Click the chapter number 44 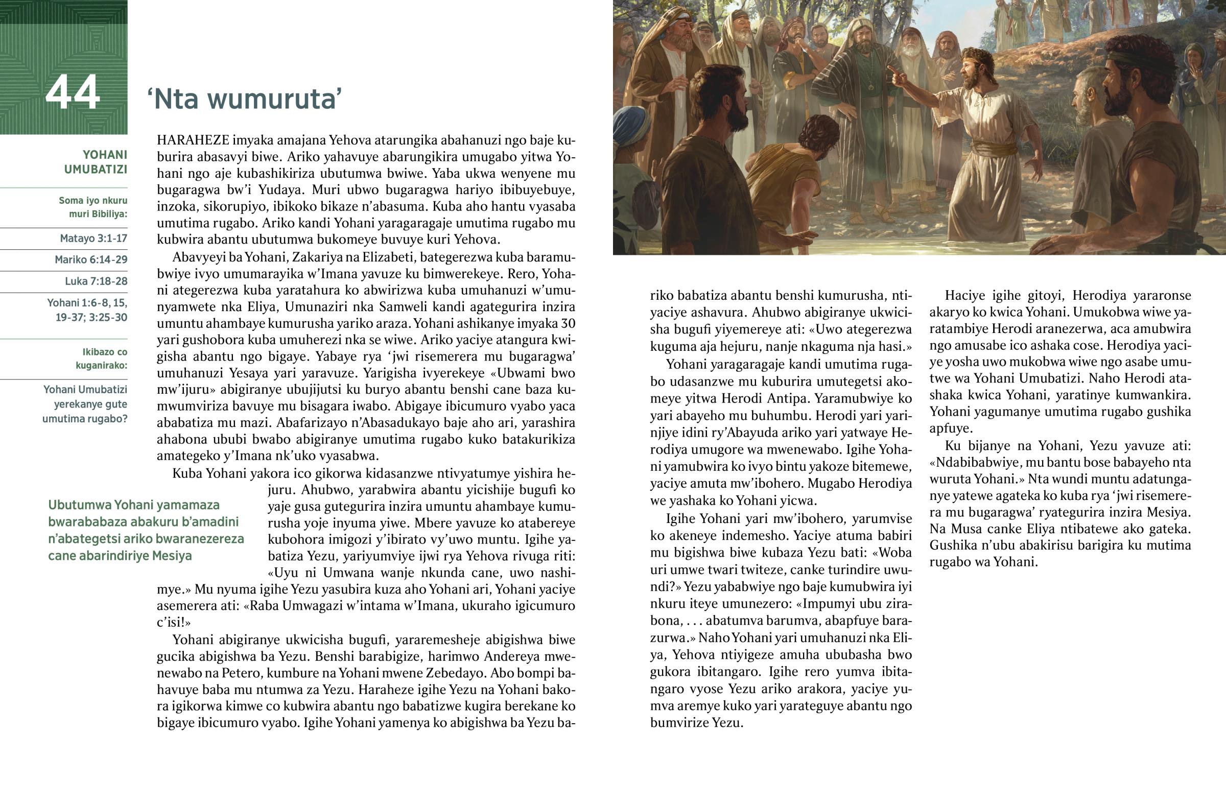72,92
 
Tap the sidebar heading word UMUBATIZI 96,170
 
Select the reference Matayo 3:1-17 93,238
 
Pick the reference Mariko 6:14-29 91,260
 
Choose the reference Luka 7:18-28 96,281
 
